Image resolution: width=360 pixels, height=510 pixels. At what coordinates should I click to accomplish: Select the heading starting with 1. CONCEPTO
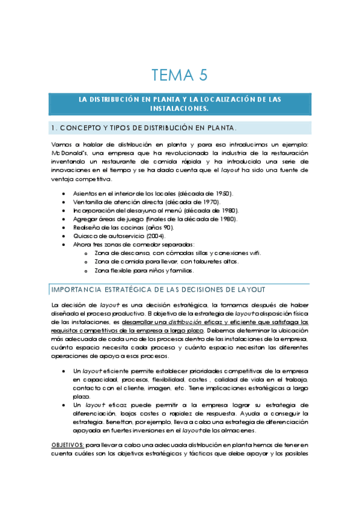[x=144, y=127]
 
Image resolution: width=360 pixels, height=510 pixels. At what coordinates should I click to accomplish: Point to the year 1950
[x=222, y=193]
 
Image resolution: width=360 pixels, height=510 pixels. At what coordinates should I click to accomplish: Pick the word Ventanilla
[x=90, y=202]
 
